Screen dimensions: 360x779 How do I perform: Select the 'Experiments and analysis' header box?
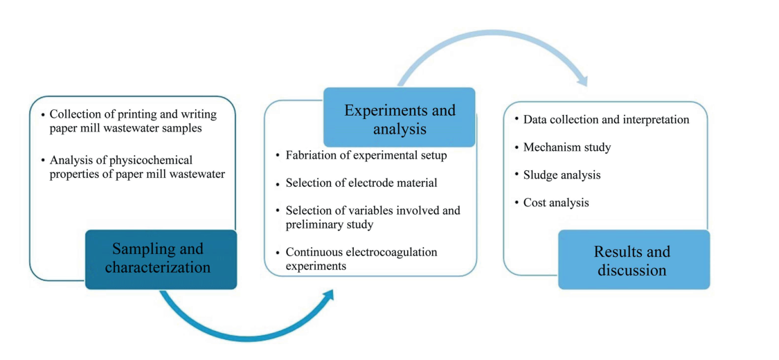[400, 118]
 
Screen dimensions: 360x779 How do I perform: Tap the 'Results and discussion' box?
[633, 260]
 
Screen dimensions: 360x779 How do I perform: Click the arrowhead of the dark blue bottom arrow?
[327, 296]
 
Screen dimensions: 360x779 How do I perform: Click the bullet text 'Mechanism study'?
[567, 147]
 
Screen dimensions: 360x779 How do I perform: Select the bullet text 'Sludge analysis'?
[562, 174]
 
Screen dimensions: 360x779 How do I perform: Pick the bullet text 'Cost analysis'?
[556, 202]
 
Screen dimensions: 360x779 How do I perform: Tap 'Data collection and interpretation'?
[606, 119]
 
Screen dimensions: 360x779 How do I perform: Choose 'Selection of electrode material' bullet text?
[361, 183]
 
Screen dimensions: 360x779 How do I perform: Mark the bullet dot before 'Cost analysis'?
[517, 202]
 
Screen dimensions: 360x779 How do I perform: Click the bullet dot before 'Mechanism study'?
[517, 147]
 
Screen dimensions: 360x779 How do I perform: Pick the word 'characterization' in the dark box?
[158, 267]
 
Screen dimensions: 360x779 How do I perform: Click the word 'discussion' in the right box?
[632, 269]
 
